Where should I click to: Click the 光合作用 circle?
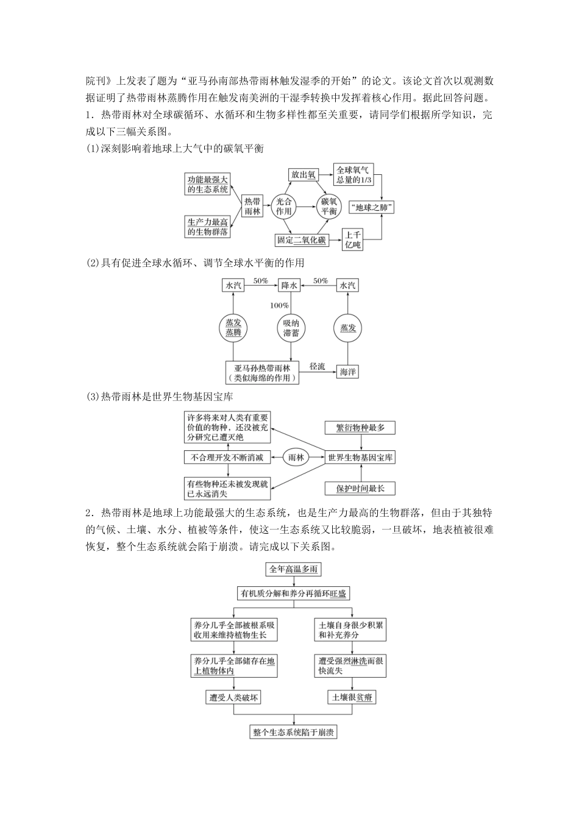283,207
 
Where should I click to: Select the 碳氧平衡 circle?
329,207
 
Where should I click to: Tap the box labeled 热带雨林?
252,207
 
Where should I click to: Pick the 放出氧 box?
303,175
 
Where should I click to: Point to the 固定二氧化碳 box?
301,239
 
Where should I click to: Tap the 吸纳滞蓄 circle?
290,328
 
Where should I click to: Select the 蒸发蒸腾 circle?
233,328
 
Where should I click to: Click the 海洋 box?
347,371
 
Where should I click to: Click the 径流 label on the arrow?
317,366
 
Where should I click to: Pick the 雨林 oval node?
296,458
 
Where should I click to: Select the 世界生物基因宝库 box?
360,457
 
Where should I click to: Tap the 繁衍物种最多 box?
360,428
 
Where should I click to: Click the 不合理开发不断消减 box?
227,458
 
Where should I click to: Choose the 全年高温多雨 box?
293,569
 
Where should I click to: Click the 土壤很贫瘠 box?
350,697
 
